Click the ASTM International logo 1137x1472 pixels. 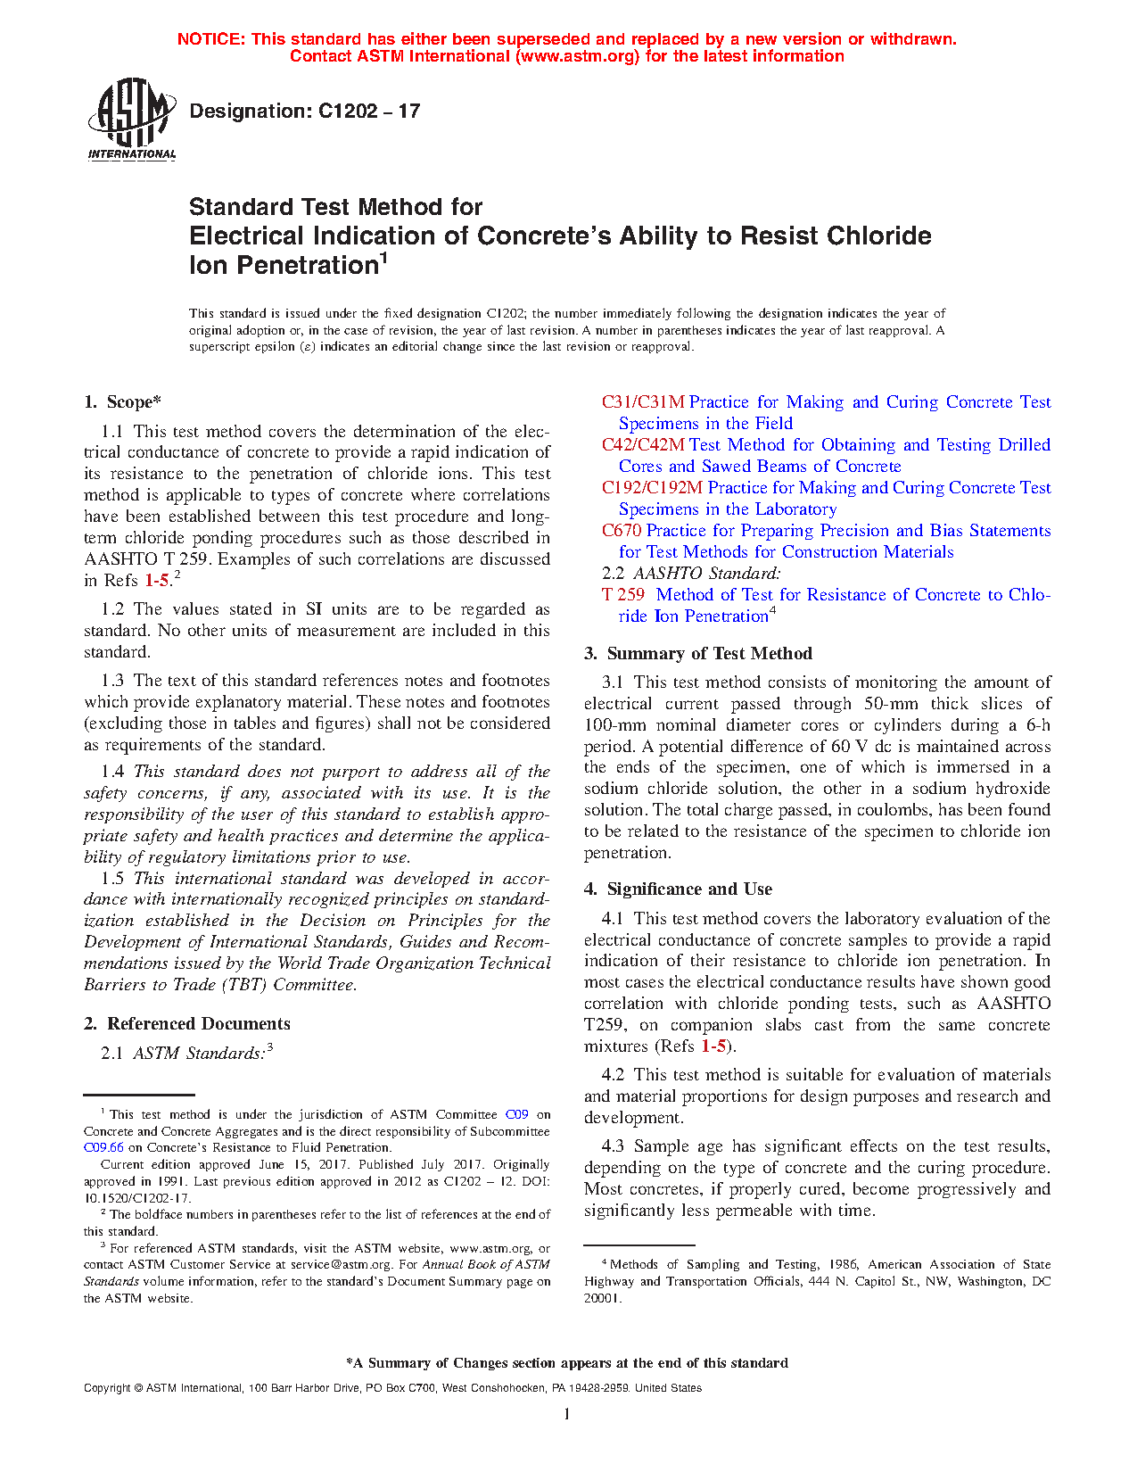131,119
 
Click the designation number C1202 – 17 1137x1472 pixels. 368,112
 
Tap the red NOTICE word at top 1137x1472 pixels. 210,39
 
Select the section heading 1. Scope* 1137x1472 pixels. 123,402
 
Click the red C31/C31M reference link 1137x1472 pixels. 643,402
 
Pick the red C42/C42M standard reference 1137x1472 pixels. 643,445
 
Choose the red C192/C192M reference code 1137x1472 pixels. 652,488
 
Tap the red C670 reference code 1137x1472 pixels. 622,531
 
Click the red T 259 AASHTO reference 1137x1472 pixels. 623,595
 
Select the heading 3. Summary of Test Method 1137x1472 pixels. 698,654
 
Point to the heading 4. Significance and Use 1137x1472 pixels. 679,889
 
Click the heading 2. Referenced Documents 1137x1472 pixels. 187,1024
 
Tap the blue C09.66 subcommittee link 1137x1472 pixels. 103,1148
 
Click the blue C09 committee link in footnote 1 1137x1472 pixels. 517,1115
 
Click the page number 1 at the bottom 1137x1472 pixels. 567,1414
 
